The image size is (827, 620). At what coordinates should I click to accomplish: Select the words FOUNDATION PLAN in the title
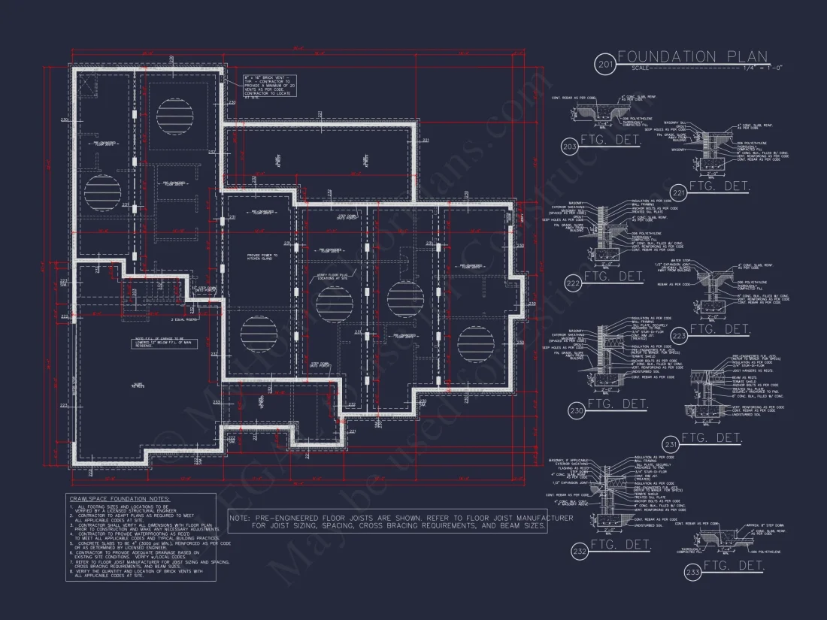(692, 56)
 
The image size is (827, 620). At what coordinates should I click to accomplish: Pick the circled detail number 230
(577, 410)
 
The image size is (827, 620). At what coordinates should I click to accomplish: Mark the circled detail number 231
(671, 443)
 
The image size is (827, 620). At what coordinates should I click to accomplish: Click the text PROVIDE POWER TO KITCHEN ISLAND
(262, 257)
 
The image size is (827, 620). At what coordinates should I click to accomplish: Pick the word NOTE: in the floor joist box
(240, 518)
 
